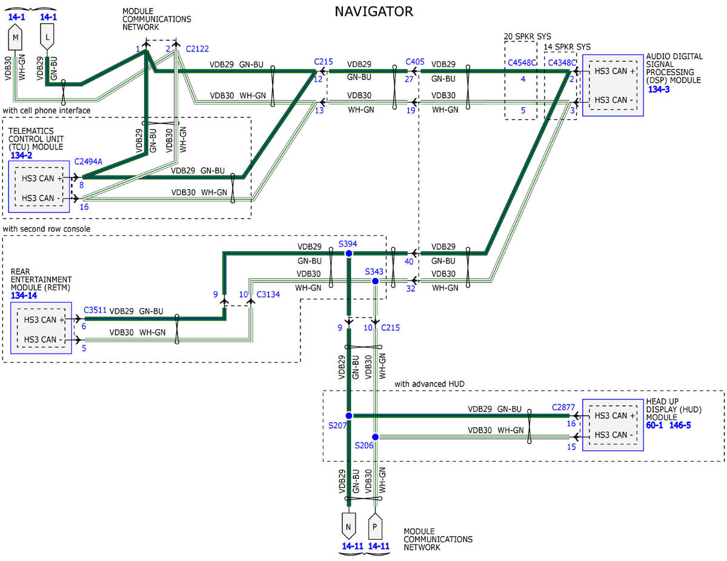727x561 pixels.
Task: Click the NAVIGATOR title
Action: coord(374,11)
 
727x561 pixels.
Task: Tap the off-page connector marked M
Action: coord(15,37)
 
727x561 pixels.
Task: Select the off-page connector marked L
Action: coord(47,37)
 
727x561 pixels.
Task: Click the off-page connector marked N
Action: coord(348,526)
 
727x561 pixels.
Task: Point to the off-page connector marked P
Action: coord(375,526)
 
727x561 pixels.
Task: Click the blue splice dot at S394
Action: coord(348,254)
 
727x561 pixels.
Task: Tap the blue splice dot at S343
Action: coord(375,281)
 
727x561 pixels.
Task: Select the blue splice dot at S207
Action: coord(348,416)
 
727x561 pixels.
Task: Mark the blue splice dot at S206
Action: coord(375,437)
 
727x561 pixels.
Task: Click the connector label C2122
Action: coord(197,49)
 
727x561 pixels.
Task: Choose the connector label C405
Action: coord(415,62)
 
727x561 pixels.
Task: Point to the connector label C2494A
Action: coord(88,162)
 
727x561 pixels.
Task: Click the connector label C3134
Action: coord(268,294)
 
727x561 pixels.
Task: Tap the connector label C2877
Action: coord(563,407)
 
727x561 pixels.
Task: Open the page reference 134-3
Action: coord(659,89)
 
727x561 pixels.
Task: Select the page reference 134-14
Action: coord(24,295)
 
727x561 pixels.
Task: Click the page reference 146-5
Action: coord(680,425)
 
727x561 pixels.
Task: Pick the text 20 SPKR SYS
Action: coord(527,36)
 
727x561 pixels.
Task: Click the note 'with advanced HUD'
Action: coord(430,384)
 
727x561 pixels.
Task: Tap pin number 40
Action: coord(409,261)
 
